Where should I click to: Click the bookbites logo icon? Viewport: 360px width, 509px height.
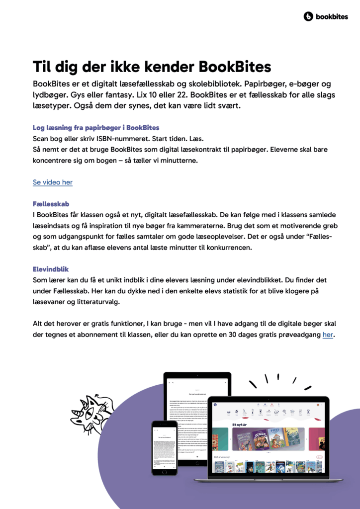[308, 17]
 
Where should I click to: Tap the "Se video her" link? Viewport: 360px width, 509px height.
[53, 182]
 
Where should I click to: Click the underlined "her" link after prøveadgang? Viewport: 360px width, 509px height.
[328, 335]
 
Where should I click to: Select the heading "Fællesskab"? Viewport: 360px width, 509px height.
[51, 204]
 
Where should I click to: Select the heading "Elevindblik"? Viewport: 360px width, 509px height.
[51, 269]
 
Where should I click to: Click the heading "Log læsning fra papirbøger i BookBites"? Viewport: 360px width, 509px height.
[96, 128]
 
